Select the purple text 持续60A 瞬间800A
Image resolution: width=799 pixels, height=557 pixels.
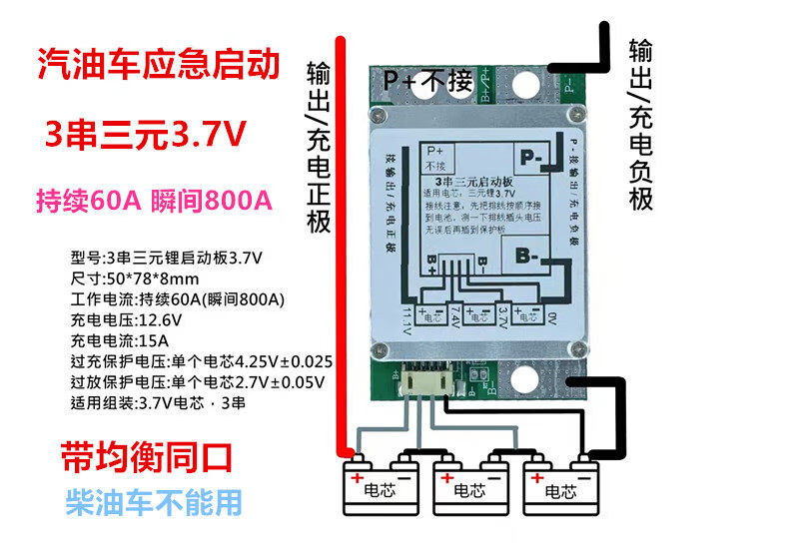154,199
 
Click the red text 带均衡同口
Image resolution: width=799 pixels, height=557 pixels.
146,457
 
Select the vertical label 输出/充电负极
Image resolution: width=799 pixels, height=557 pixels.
640,125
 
